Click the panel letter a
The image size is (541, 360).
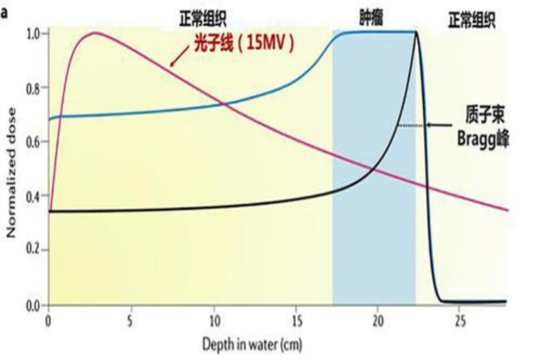click(4, 12)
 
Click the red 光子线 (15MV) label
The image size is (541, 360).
click(243, 45)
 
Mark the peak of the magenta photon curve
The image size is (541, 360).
click(95, 33)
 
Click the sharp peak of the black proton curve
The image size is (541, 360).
click(416, 33)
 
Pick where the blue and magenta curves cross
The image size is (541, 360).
click(224, 104)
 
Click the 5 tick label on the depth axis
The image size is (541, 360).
click(130, 321)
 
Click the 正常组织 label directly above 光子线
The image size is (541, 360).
click(203, 19)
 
